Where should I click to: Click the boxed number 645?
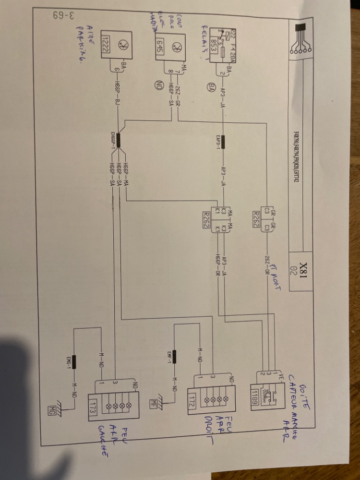click(x=160, y=46)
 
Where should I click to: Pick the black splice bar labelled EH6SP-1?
click(x=120, y=140)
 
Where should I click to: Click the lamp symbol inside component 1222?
click(x=122, y=46)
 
